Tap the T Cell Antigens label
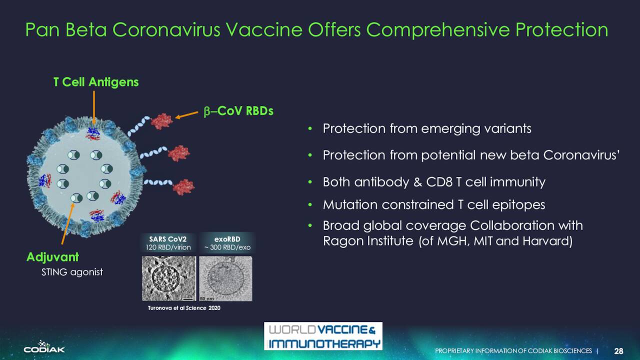[96, 82]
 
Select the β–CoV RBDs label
[238, 111]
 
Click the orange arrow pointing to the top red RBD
[186, 115]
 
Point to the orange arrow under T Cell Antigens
[94, 107]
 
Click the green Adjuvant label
[52, 257]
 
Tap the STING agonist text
[72, 272]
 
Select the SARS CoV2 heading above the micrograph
[167, 239]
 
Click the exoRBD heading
[227, 239]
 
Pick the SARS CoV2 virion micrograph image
[169, 278]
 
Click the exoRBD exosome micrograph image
[225, 278]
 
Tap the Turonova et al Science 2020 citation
[184, 308]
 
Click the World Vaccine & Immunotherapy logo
[323, 336]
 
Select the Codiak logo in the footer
[44, 347]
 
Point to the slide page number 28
[618, 351]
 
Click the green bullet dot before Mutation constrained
[310, 205]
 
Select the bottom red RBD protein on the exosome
[183, 187]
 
